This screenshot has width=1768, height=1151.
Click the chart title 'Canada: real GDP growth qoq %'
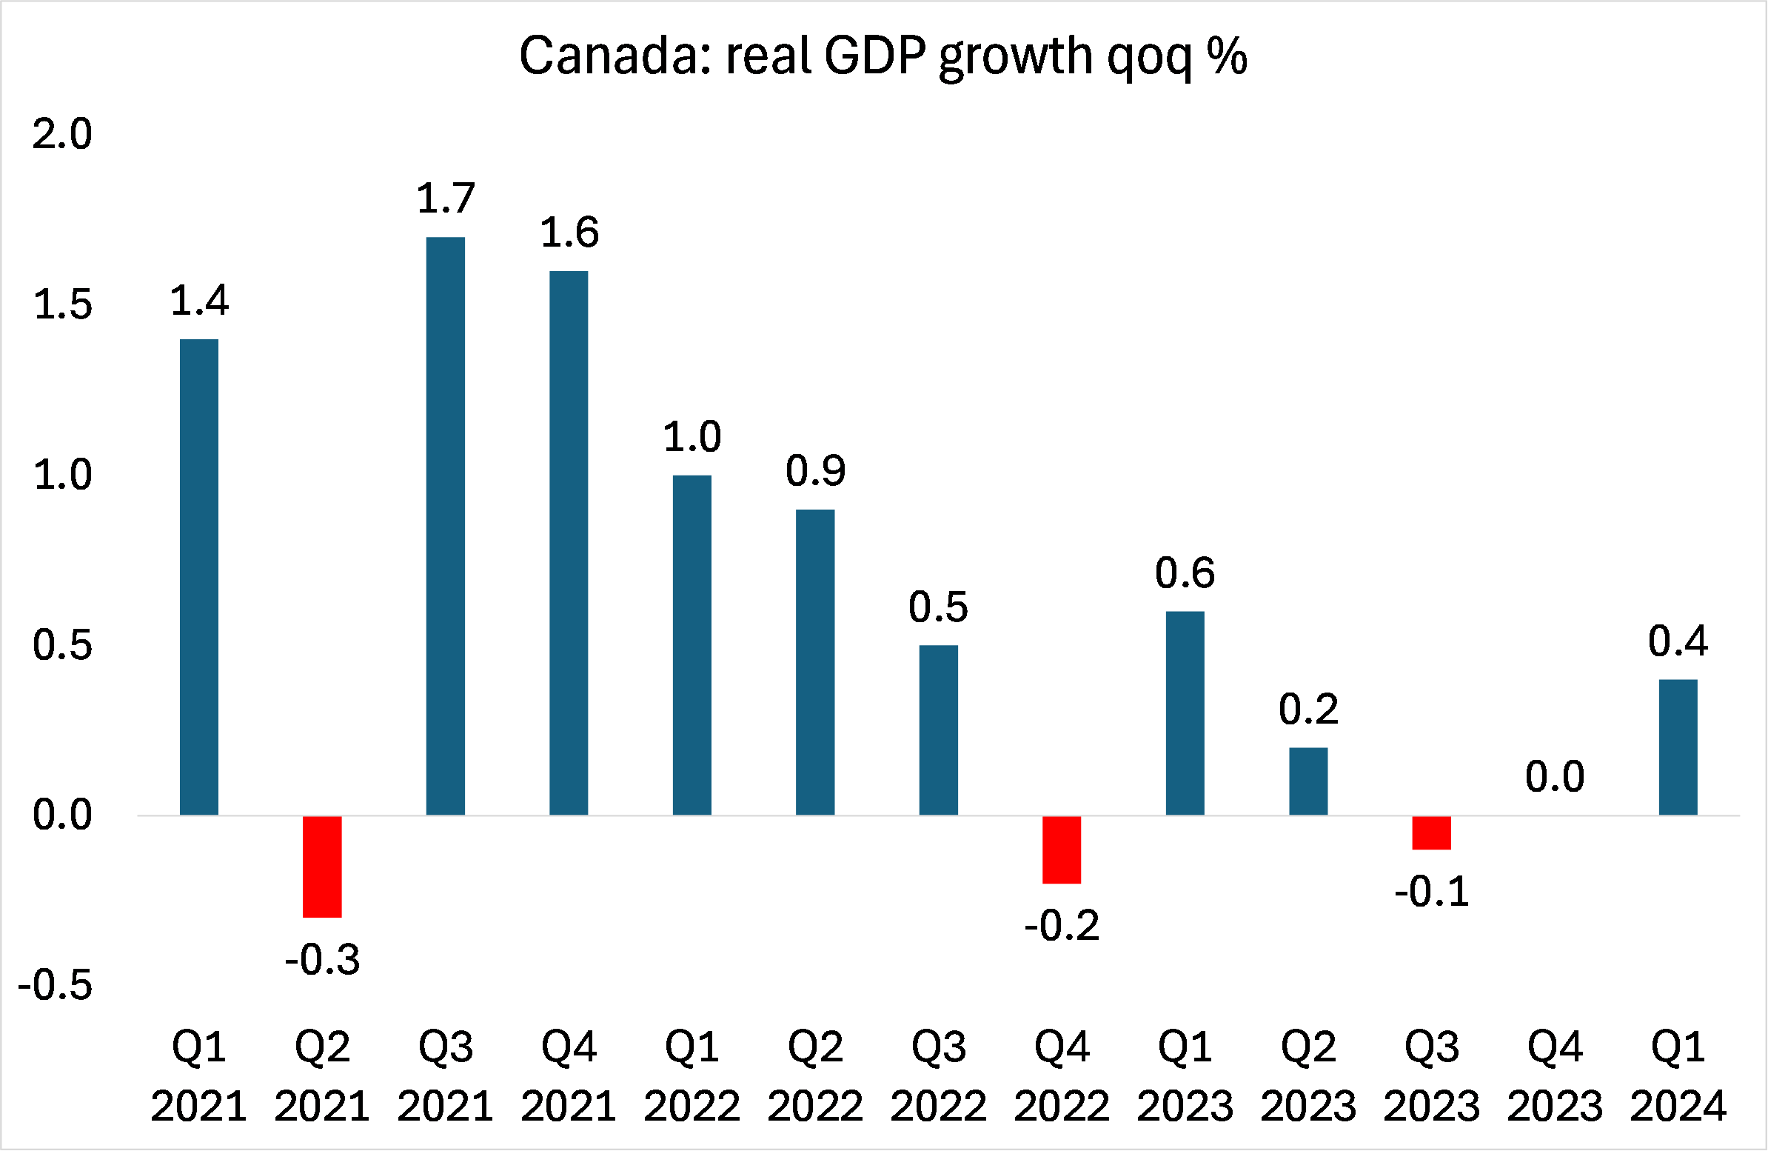click(x=883, y=56)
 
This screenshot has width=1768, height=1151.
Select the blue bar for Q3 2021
click(x=445, y=525)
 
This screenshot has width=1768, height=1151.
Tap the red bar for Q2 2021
click(x=321, y=866)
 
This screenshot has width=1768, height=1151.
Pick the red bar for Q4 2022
click(x=1062, y=850)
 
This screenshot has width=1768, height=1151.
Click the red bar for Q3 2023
click(x=1431, y=833)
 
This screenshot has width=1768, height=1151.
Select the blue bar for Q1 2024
click(x=1678, y=747)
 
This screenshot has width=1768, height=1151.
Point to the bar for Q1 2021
click(x=199, y=577)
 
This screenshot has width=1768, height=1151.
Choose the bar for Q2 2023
click(x=1308, y=781)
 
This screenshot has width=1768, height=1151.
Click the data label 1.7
click(x=445, y=198)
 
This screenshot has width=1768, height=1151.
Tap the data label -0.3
click(x=321, y=959)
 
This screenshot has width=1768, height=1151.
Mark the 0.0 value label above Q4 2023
click(x=1555, y=777)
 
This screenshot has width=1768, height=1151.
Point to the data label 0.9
click(x=815, y=470)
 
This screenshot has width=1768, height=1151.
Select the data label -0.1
click(x=1431, y=891)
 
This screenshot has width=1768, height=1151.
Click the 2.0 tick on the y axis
click(x=62, y=135)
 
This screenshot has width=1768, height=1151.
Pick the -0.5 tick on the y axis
click(x=55, y=985)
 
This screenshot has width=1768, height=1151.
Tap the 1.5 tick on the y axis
click(x=62, y=304)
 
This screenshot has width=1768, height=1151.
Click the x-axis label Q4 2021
click(x=569, y=1075)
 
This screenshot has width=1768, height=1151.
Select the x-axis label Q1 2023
click(x=1185, y=1075)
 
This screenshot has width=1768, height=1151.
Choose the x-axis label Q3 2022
click(x=938, y=1075)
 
